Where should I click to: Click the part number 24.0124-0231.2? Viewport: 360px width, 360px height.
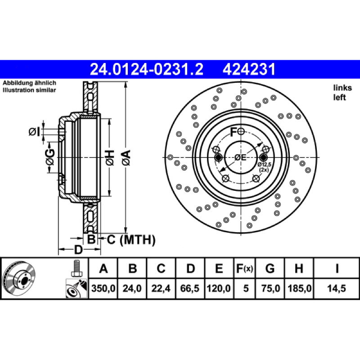(147, 69)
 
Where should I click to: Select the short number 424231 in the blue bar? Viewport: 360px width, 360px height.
(249, 69)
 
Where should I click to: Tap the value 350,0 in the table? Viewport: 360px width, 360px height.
(103, 288)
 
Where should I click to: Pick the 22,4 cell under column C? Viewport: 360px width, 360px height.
(161, 288)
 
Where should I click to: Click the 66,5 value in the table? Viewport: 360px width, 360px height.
(189, 288)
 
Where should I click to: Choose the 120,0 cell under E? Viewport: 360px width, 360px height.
(219, 288)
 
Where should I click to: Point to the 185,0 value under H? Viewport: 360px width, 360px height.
(299, 288)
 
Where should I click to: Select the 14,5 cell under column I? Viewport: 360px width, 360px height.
(337, 288)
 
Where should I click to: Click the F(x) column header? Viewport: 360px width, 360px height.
(244, 268)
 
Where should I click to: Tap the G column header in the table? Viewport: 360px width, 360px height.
(270, 268)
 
